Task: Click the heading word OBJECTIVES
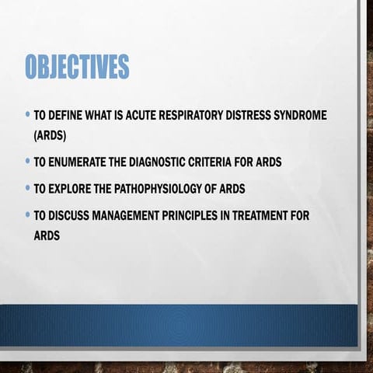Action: click(76, 68)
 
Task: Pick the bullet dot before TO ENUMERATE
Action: click(27, 162)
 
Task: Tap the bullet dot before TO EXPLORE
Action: click(27, 188)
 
